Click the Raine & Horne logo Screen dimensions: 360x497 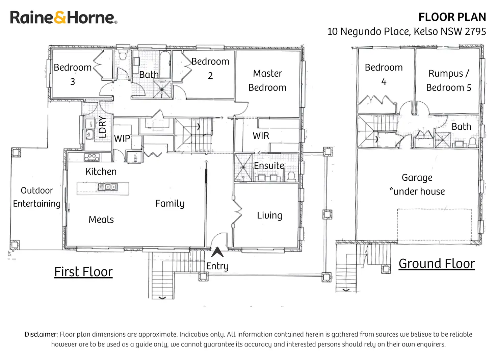(x=63, y=18)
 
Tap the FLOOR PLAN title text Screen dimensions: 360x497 (x=452, y=17)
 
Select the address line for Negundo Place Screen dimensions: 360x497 (x=406, y=31)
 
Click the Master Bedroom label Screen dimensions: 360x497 (x=267, y=80)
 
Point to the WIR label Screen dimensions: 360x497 (x=261, y=136)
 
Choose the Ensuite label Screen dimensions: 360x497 (x=269, y=165)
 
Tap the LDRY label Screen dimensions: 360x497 (x=103, y=127)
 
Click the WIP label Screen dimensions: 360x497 (x=122, y=138)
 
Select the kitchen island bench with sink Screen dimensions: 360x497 (x=103, y=188)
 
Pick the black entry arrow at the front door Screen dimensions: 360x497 (x=217, y=252)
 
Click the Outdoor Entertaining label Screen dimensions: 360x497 (x=37, y=197)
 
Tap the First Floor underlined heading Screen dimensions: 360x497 (x=83, y=272)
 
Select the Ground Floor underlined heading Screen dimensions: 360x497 (x=437, y=263)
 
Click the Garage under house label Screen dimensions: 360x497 (x=417, y=184)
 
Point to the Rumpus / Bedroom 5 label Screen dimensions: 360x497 (x=448, y=80)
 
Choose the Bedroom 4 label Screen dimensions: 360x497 (x=384, y=74)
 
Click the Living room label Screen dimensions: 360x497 (x=269, y=215)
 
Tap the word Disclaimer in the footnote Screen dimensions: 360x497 (x=41, y=334)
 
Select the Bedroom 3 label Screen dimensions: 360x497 (x=73, y=74)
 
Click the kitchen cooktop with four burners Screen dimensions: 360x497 (x=92, y=157)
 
